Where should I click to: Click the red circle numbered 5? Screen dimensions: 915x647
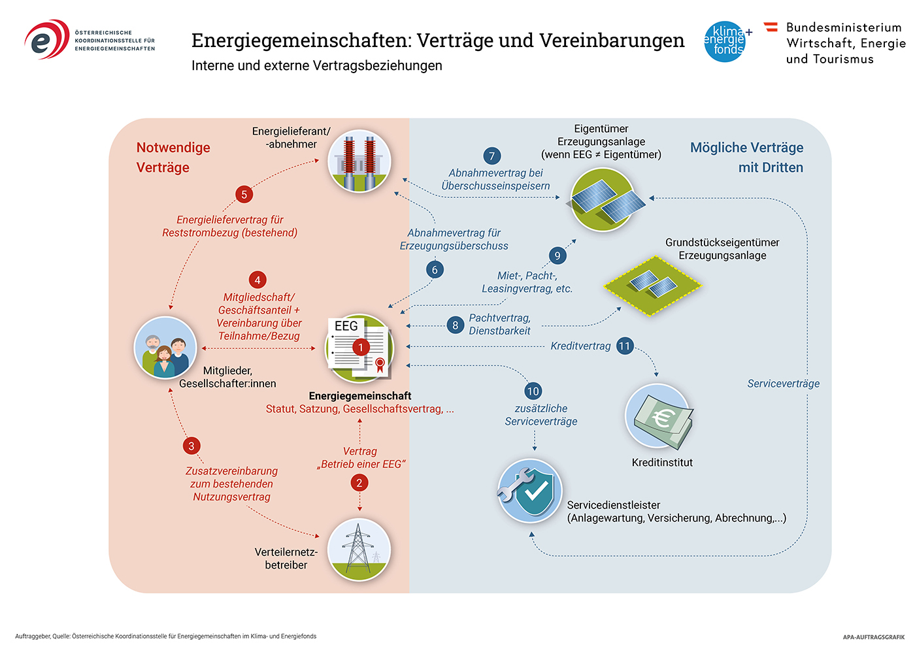[x=244, y=195]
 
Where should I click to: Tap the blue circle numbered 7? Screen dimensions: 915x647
[x=491, y=156]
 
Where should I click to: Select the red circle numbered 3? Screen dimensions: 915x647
[x=191, y=446]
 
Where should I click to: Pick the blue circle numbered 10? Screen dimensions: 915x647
[x=533, y=391]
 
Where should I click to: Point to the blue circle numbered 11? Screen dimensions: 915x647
[x=625, y=346]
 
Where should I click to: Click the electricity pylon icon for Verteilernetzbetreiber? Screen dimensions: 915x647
[x=359, y=550]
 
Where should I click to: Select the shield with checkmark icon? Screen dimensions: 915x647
[x=529, y=491]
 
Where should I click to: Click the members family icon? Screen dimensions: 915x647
[x=165, y=348]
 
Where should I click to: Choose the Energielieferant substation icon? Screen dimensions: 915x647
[x=359, y=161]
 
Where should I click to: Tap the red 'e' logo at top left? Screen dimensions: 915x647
[x=47, y=39]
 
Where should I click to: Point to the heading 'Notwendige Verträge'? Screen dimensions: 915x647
[x=173, y=158]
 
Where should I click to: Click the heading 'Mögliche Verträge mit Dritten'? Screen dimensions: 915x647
[x=746, y=158]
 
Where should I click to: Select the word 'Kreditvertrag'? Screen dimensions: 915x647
[x=580, y=346]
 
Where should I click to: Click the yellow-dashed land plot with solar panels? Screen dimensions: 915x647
[x=653, y=286]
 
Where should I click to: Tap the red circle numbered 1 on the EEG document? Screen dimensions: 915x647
[x=361, y=348]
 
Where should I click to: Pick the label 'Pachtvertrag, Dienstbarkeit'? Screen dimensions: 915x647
[x=499, y=324]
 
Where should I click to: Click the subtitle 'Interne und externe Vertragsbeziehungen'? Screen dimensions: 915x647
[x=316, y=65]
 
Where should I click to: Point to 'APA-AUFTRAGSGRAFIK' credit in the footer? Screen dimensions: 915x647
[x=873, y=637]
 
